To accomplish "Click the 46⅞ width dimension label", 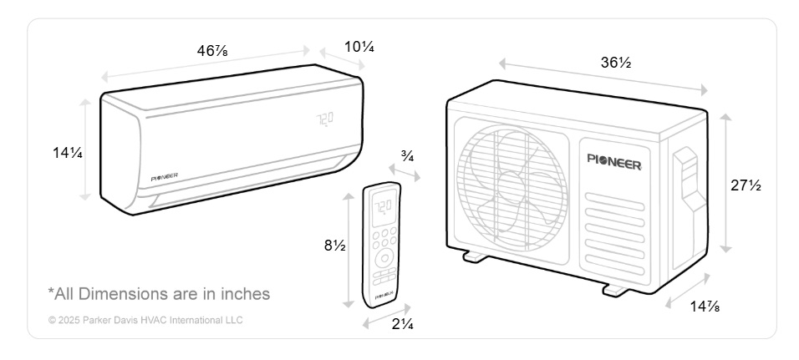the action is pyautogui.click(x=212, y=50).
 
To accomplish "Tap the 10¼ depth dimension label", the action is pyautogui.click(x=359, y=47).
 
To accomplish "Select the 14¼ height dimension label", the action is pyautogui.click(x=67, y=152).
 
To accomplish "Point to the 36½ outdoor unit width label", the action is pyautogui.click(x=616, y=63).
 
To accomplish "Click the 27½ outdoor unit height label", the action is pyautogui.click(x=746, y=185).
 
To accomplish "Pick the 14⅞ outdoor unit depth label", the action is pyautogui.click(x=705, y=306).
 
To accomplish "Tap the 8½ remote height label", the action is pyautogui.click(x=335, y=246).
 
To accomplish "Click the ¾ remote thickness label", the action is pyautogui.click(x=407, y=156).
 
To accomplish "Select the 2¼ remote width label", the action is pyautogui.click(x=403, y=323).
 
